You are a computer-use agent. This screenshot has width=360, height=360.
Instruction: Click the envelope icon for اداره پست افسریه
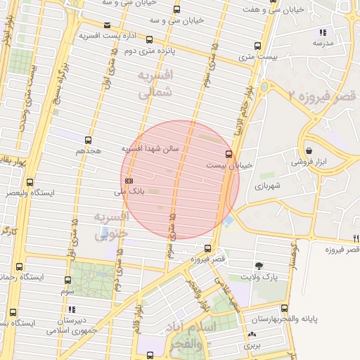point(106,25)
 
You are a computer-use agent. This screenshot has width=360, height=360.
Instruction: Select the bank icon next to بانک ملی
point(129,181)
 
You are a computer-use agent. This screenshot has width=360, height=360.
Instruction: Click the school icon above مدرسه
point(323,32)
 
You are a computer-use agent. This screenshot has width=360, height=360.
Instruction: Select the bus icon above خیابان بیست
point(229,153)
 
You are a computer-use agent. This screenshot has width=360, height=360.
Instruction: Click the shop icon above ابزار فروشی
point(310,150)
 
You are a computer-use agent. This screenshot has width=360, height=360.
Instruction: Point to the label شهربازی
point(267,186)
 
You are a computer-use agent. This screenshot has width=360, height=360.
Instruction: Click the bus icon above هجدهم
point(88,140)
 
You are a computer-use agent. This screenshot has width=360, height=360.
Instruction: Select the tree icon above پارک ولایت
point(259,266)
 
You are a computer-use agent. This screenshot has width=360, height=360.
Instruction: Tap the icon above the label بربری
point(252,334)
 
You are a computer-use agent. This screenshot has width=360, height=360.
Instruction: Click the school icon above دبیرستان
point(71,309)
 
